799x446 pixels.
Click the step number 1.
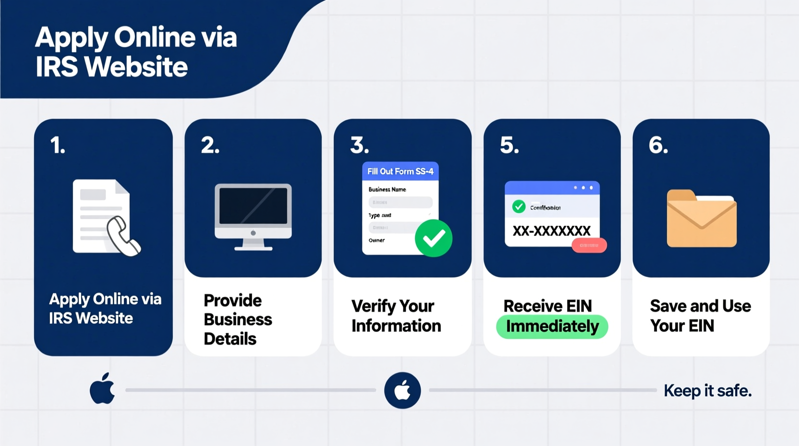pyautogui.click(x=57, y=145)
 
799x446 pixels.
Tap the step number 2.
pyautogui.click(x=210, y=145)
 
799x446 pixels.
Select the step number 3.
pyautogui.click(x=359, y=145)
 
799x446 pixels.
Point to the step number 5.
pyautogui.click(x=509, y=145)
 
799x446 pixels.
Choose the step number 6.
pyautogui.click(x=658, y=145)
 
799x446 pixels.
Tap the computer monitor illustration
pyautogui.click(x=253, y=216)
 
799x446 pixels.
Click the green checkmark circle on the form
pyautogui.click(x=433, y=238)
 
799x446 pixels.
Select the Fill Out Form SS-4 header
pyautogui.click(x=400, y=172)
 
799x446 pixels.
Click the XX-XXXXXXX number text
pyautogui.click(x=551, y=231)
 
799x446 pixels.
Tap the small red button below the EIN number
pyautogui.click(x=589, y=246)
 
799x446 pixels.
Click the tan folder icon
pyautogui.click(x=701, y=219)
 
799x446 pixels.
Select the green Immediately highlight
pyautogui.click(x=552, y=327)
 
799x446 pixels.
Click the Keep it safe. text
pyautogui.click(x=707, y=391)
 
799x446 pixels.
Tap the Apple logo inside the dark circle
pyautogui.click(x=402, y=390)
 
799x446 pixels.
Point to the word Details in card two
pyautogui.click(x=230, y=339)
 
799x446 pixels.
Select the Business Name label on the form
pyautogui.click(x=387, y=189)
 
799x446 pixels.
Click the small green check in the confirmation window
pyautogui.click(x=519, y=207)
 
